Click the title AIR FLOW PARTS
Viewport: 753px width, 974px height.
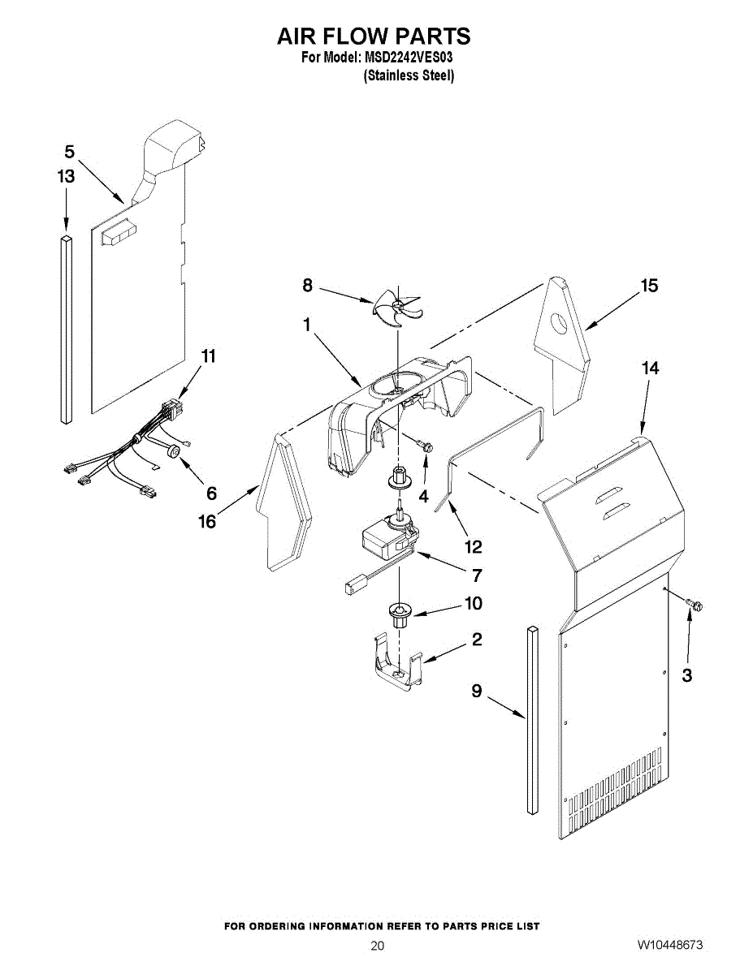374,37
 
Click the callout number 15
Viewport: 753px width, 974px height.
648,286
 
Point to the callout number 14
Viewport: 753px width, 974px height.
650,368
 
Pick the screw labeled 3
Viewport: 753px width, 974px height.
695,605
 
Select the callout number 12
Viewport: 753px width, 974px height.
473,545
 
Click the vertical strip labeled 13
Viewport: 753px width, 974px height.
66,329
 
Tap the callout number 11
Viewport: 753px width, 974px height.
209,356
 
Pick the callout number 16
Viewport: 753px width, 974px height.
207,521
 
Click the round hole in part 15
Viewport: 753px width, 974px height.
560,325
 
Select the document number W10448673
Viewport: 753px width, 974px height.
670,946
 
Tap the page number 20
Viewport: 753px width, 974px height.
377,946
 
